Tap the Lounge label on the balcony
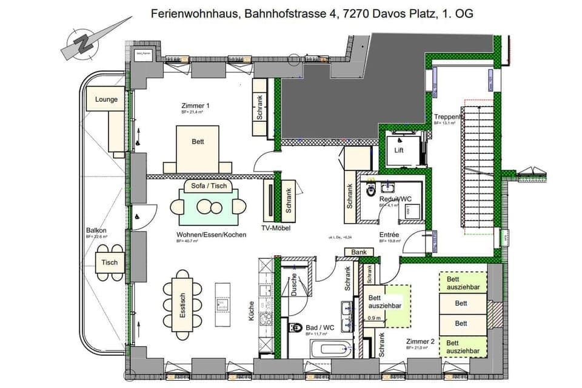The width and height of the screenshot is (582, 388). [106, 99]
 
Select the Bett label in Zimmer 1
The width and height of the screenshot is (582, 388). [198, 142]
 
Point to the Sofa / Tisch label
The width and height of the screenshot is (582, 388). [209, 186]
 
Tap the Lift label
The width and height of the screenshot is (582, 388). [399, 150]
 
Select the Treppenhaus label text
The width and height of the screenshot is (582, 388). [448, 116]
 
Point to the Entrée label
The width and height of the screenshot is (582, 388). [389, 234]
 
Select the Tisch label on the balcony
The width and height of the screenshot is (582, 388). [110, 263]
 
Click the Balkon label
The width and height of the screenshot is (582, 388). [96, 230]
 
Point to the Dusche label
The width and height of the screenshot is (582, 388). [294, 283]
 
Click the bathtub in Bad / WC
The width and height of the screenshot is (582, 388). [331, 348]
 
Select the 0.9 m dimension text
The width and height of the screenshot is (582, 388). [375, 318]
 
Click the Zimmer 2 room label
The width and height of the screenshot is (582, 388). [420, 341]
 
